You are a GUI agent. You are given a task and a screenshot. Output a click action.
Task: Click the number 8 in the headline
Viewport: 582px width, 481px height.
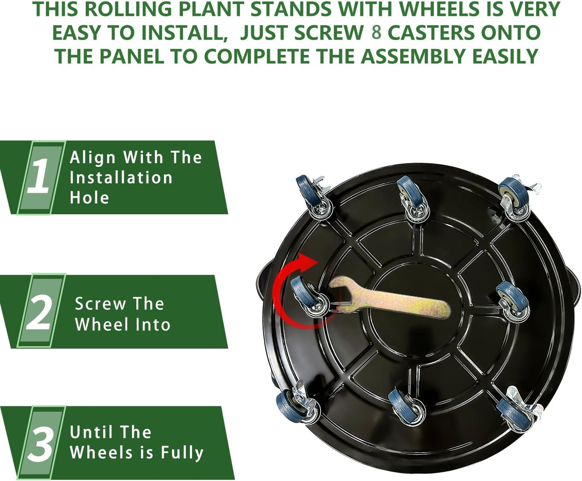pyautogui.click(x=376, y=33)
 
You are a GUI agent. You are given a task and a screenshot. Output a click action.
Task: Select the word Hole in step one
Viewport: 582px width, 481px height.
pyautogui.click(x=89, y=198)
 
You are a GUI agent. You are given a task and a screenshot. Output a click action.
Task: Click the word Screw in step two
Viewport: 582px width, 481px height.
pyautogui.click(x=100, y=304)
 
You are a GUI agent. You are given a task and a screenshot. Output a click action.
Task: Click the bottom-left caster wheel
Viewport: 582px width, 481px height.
pyautogui.click(x=296, y=403)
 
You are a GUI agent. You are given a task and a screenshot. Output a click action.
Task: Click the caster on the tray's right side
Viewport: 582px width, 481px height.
pyautogui.click(x=512, y=301)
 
